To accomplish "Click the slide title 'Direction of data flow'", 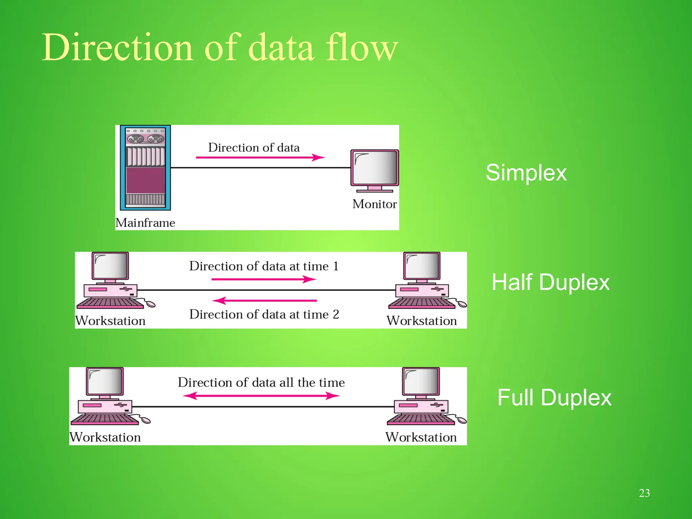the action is click(220, 47).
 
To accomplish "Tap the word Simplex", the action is click(526, 173).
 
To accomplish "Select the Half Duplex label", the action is click(550, 282).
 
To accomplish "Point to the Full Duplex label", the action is click(554, 397).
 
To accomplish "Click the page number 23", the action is click(644, 493).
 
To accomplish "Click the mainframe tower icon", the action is click(145, 168).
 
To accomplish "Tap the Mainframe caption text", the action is click(145, 223).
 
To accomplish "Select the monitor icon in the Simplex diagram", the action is click(375, 169).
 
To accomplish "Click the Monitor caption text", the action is click(374, 204).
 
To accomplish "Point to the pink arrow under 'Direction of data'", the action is click(260, 157).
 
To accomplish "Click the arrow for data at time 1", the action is click(264, 279).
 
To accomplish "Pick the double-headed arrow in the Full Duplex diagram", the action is click(261, 396).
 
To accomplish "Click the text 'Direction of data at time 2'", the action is click(264, 314).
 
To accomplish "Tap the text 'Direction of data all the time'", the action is click(261, 382).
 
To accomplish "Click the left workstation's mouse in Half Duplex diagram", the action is click(151, 304).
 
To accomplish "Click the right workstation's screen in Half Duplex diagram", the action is click(422, 266).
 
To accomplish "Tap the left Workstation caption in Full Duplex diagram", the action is click(105, 437).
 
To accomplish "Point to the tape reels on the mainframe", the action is click(145, 138).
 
